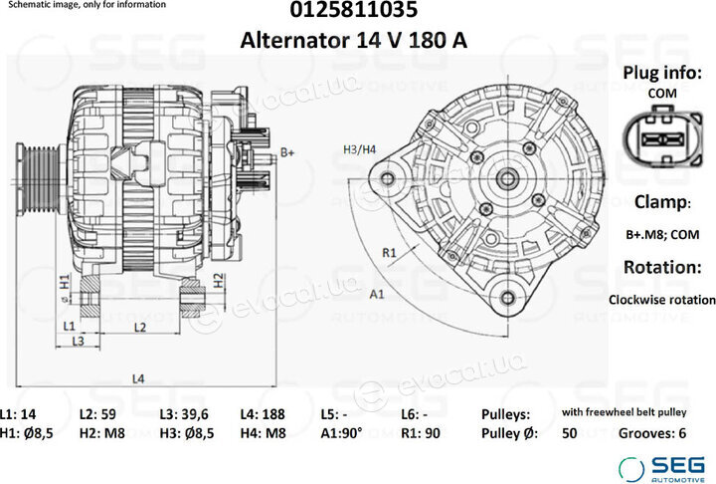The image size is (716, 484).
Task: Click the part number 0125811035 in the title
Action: [353, 10]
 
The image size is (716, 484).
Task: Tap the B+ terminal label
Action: [287, 152]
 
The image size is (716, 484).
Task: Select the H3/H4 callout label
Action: [359, 149]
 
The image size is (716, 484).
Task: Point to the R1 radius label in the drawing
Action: [389, 253]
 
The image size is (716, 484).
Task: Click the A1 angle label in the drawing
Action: [377, 294]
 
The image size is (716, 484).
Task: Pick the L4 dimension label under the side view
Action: [138, 378]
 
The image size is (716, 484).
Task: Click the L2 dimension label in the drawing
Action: [140, 327]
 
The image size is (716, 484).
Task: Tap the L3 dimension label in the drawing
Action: [79, 341]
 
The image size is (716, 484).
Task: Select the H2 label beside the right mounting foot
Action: [219, 281]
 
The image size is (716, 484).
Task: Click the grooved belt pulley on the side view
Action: [39, 180]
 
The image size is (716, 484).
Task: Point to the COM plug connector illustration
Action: [662, 135]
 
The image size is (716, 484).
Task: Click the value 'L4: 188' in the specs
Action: [263, 414]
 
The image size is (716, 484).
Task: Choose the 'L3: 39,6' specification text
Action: [184, 414]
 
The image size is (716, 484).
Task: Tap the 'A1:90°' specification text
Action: [341, 433]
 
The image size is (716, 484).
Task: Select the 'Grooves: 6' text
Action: [652, 433]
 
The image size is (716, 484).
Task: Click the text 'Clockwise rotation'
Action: [662, 300]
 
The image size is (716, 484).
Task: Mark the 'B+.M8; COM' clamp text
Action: [662, 235]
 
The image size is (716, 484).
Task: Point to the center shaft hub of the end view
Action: [507, 178]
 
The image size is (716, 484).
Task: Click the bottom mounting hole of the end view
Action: [508, 299]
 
